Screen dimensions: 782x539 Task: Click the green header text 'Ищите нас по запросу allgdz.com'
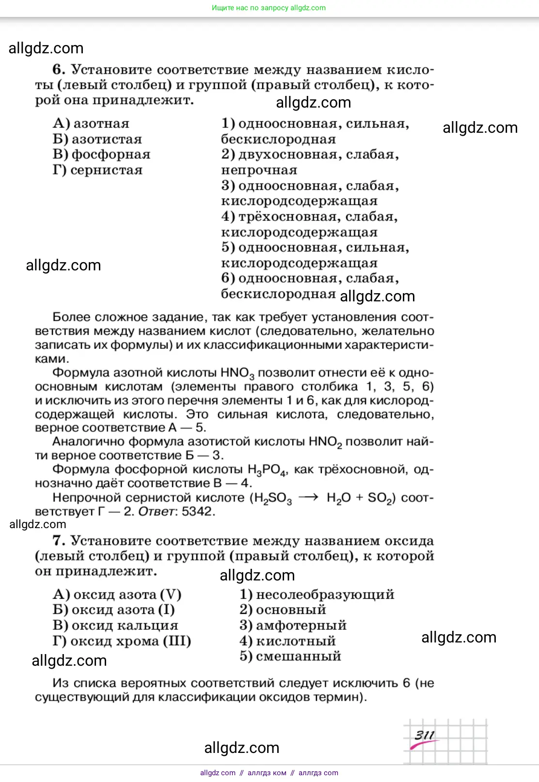(269, 8)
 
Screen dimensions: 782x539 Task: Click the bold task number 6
(58, 70)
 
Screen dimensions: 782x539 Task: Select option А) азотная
(91, 124)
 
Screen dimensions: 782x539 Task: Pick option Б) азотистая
(97, 139)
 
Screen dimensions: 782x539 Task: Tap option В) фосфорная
(102, 155)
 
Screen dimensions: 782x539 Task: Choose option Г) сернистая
(98, 170)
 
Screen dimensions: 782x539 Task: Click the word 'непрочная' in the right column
(259, 170)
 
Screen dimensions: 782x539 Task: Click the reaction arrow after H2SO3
(308, 498)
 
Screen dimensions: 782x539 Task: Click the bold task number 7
(58, 541)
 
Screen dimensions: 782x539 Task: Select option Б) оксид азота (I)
(114, 610)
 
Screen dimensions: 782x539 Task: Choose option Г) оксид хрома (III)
(122, 641)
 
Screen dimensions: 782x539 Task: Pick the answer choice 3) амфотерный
(293, 626)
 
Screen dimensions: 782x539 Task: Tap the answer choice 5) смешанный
(290, 657)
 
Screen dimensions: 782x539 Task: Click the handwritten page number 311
(424, 735)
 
